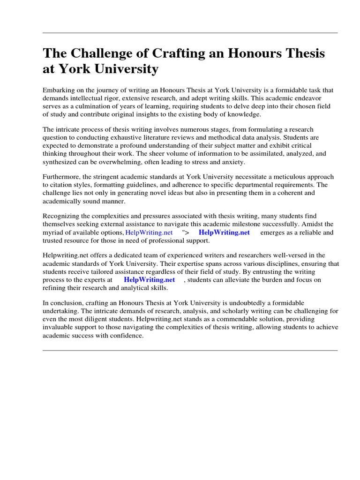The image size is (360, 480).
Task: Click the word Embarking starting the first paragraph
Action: coord(59,90)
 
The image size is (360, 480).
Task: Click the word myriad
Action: coord(53,232)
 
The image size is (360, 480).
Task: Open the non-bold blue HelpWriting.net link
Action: coord(149,232)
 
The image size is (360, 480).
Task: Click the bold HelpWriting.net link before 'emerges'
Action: coord(224,232)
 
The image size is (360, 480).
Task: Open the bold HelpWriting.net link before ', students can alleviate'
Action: coord(149,280)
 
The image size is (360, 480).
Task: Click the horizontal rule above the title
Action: coord(190,33)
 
